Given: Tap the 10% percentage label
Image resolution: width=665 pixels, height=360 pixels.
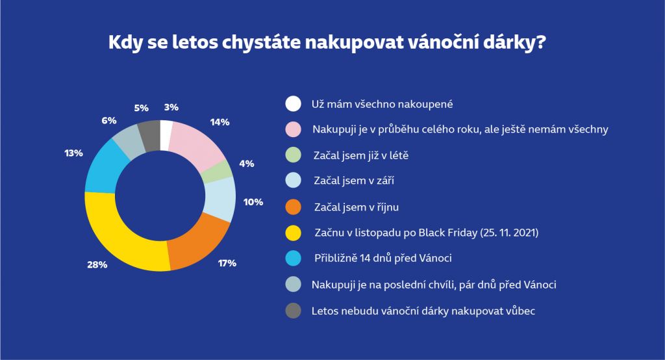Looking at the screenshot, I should pyautogui.click(x=253, y=201).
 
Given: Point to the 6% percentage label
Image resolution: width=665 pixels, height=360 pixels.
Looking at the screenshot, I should pyautogui.click(x=108, y=120).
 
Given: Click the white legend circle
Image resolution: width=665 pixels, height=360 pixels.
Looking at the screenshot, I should pyautogui.click(x=293, y=103).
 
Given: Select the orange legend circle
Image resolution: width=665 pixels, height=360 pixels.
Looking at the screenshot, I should pyautogui.click(x=293, y=207).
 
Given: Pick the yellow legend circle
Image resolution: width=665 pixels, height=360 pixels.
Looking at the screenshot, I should pyautogui.click(x=293, y=233).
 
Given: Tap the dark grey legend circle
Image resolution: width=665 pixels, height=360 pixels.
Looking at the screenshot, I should pyautogui.click(x=293, y=311).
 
